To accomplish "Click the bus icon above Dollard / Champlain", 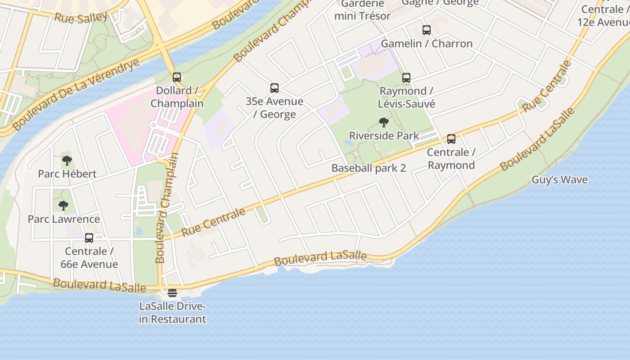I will coord(177,77).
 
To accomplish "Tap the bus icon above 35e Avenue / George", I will coord(274,88).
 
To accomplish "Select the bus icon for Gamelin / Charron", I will coord(427,30).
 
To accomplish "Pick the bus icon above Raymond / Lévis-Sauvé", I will coord(406,78).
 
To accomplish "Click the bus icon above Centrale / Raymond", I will coord(451,139).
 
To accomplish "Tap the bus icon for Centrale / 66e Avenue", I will coord(89,238).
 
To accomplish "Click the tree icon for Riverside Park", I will coord(384,122).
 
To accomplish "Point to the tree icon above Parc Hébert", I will coord(67,160).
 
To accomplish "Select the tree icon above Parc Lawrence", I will coord(63,206).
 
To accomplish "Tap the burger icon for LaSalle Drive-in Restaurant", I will coord(172,293).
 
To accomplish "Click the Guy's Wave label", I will coord(559,180).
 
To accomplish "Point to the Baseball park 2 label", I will coord(369,168).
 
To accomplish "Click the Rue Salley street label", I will coord(81,18).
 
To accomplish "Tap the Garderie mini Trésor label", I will coord(362,10).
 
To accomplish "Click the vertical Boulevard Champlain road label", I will coord(167,208).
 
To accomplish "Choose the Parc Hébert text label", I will coord(67,174).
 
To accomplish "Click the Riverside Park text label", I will coord(384,135).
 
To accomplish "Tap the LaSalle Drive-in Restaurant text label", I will coord(172,313).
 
